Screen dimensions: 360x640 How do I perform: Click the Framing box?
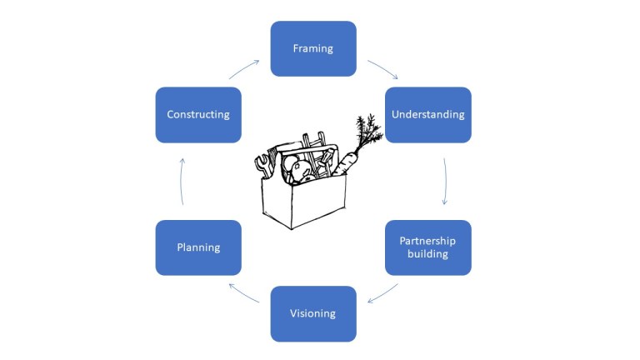tap(313, 48)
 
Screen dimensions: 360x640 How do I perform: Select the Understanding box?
tap(427, 115)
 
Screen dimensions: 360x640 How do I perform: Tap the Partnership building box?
tap(427, 247)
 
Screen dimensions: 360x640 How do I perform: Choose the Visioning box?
tap(313, 313)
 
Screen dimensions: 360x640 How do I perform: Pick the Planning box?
tap(198, 247)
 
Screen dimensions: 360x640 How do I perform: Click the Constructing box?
tap(198, 115)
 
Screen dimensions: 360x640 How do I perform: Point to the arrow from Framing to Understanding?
tap(382, 68)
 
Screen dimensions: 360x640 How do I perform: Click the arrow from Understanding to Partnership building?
tap(445, 181)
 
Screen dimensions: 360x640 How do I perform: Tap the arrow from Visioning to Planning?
tap(243, 292)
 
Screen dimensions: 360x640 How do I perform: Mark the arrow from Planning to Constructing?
tap(182, 181)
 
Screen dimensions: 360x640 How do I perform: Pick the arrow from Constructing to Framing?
tap(243, 69)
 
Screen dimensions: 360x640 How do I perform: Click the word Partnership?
tap(427, 241)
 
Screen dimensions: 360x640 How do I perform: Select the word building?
tap(427, 255)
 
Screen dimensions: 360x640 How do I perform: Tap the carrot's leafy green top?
tap(366, 129)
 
